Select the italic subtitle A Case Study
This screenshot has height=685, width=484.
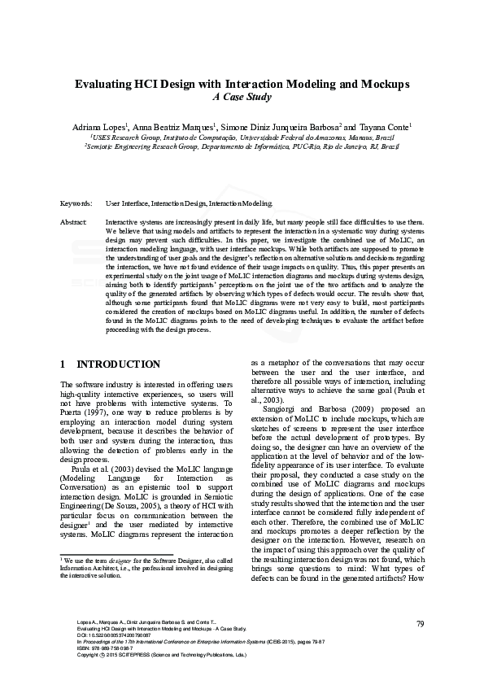(242, 97)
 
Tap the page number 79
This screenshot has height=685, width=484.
(421, 624)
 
